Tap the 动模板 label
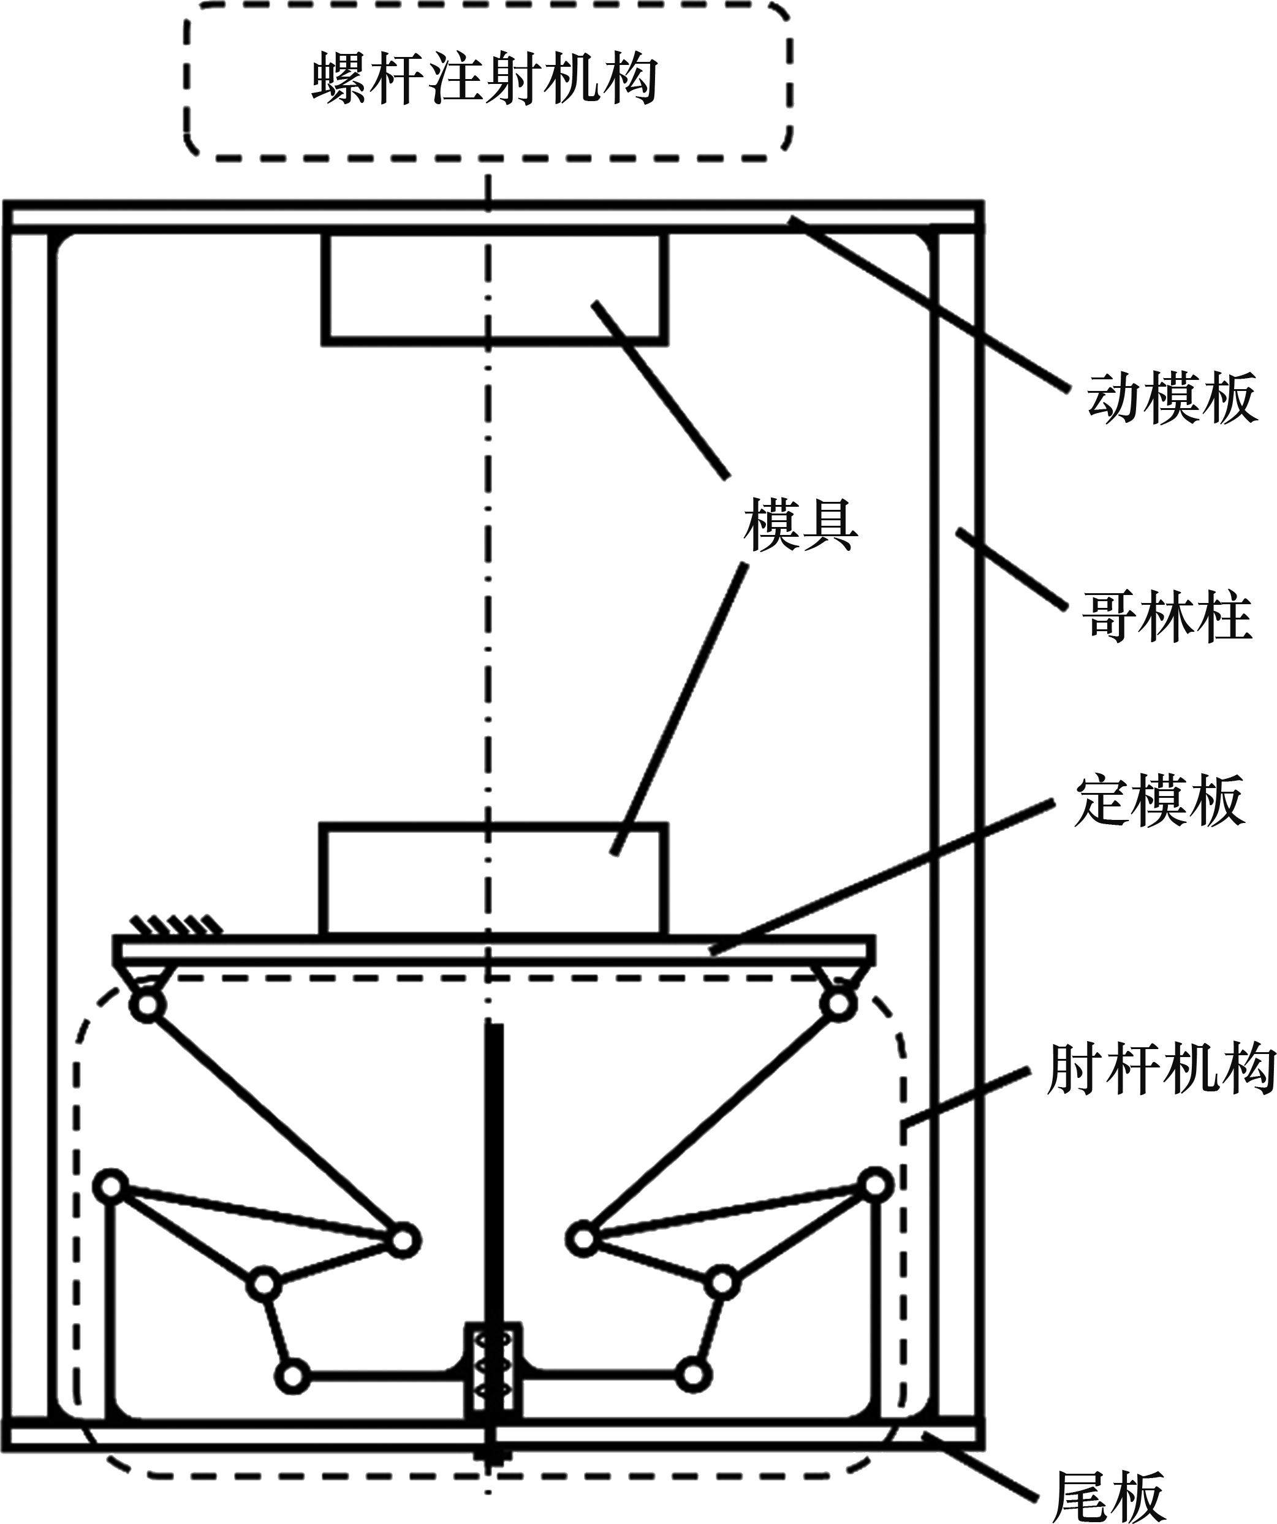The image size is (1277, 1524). [1171, 398]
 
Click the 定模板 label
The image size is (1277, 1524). [1159, 803]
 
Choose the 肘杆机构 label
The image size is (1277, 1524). [1160, 1070]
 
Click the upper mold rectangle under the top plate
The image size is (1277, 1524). [495, 286]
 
